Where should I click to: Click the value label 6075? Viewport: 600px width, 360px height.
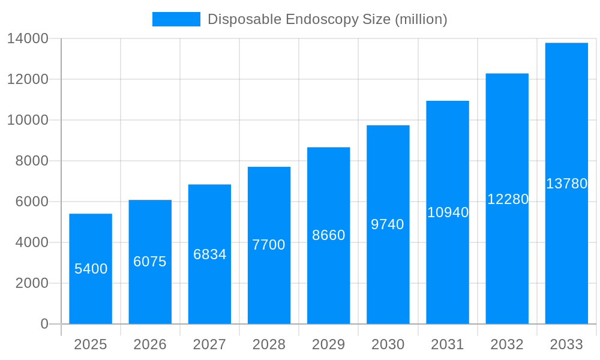[150, 262]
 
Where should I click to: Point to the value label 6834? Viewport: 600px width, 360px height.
[209, 254]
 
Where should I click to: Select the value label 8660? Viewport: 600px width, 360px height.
[328, 235]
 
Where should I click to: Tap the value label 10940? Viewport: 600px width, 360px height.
[448, 212]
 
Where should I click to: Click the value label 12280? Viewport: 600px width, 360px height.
[507, 199]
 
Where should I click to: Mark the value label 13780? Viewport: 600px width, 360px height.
[566, 184]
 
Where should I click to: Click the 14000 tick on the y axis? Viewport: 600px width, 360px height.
[28, 38]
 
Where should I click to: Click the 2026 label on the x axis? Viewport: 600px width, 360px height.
[150, 344]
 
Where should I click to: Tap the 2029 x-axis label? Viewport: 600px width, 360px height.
[328, 344]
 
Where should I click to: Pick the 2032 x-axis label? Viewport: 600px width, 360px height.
[507, 344]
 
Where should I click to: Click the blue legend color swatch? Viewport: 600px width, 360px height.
[176, 19]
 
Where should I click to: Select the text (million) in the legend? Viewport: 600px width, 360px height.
[421, 19]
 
